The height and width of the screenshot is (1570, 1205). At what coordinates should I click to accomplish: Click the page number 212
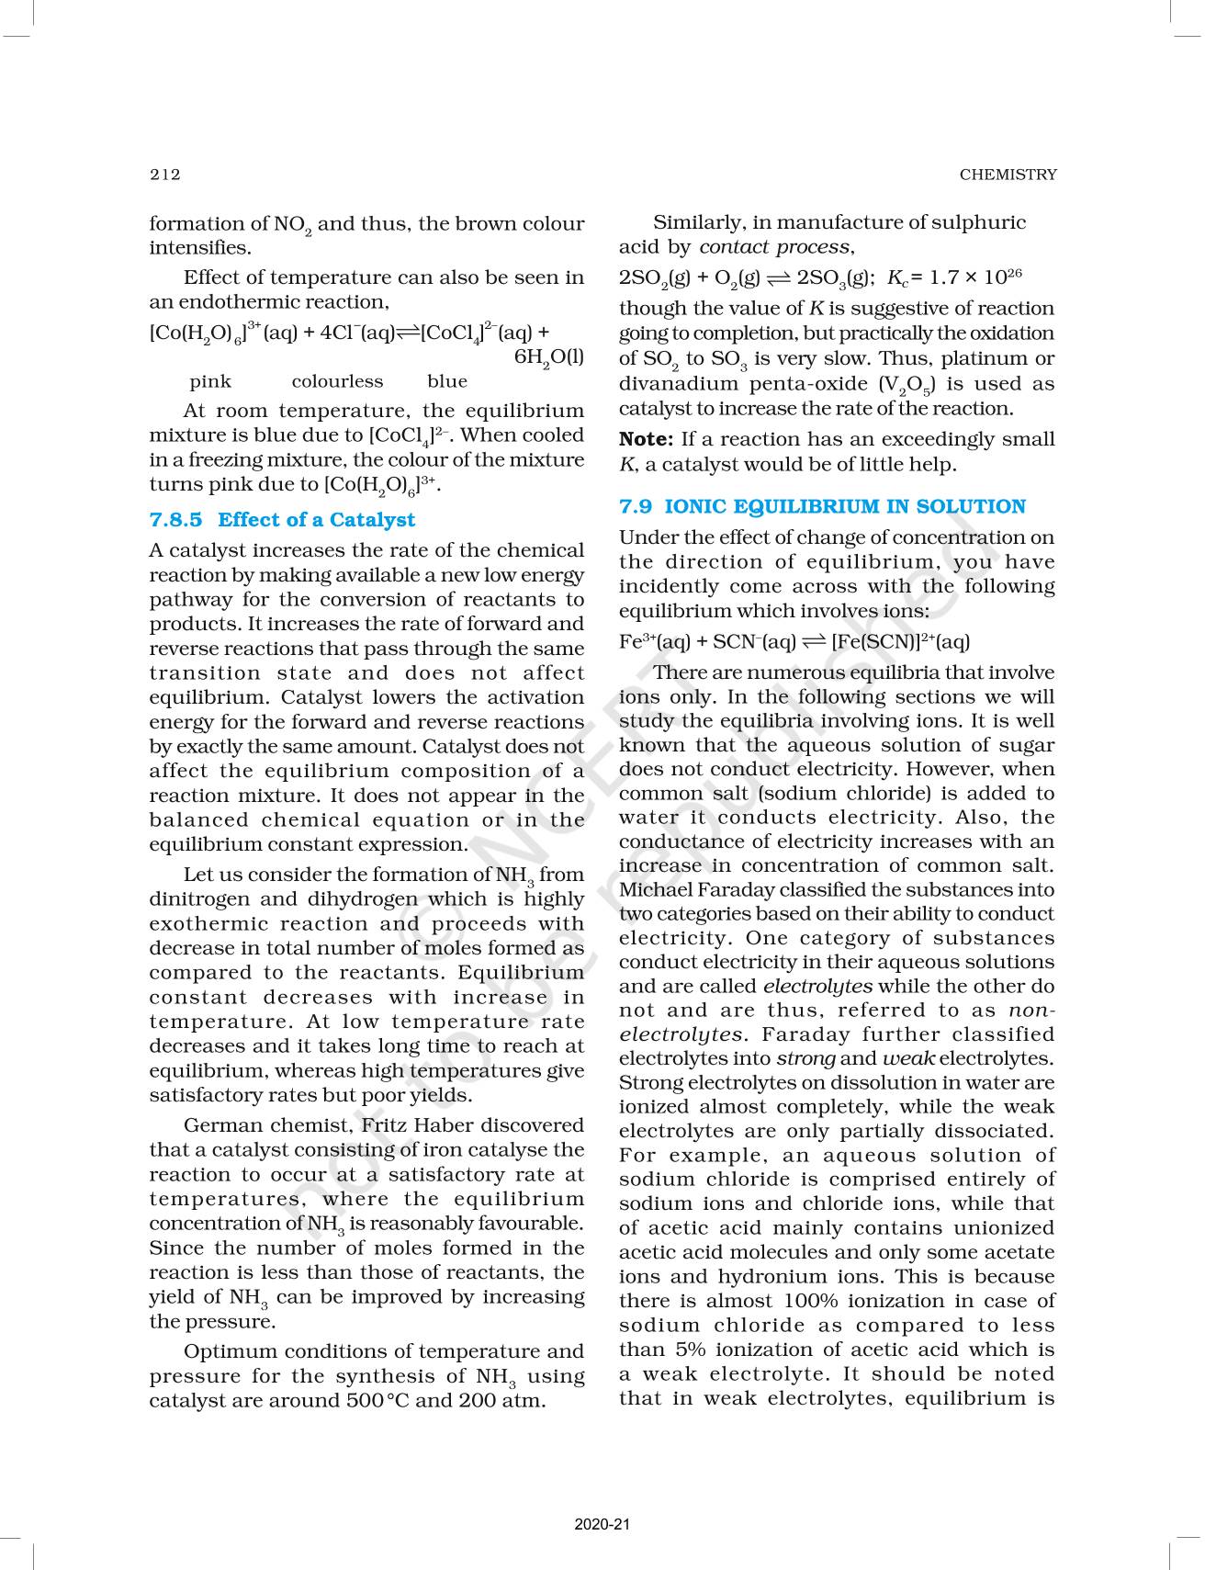[x=165, y=175]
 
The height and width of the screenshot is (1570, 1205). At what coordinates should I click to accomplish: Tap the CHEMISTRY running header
[x=1008, y=175]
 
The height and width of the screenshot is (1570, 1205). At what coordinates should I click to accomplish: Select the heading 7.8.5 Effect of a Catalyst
[x=282, y=520]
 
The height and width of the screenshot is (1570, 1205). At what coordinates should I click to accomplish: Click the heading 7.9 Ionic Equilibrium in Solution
[x=822, y=507]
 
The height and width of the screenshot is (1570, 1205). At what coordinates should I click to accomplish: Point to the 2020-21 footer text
[x=602, y=1525]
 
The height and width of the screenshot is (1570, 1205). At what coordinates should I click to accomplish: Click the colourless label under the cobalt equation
[x=337, y=381]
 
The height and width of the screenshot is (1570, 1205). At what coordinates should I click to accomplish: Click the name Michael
[x=655, y=890]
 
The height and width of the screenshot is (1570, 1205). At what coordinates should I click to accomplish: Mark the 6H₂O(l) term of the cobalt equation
[x=548, y=358]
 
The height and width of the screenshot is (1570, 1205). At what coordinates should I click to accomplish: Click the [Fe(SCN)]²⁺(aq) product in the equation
[x=900, y=642]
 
